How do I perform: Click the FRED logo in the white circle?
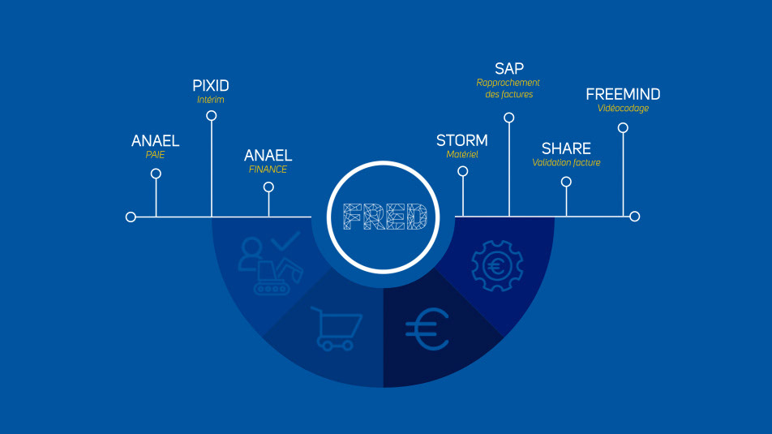click(x=385, y=217)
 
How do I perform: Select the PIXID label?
click(x=211, y=85)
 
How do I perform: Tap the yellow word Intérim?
click(x=210, y=100)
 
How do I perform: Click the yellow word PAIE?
click(x=155, y=154)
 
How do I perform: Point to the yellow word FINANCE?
click(x=268, y=170)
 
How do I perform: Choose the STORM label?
click(x=462, y=140)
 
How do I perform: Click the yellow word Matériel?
click(x=462, y=154)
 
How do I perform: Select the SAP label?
click(x=509, y=68)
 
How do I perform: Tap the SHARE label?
click(x=566, y=148)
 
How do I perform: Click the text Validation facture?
click(x=566, y=162)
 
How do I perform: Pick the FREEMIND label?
click(x=623, y=95)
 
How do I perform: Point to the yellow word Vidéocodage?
click(x=623, y=109)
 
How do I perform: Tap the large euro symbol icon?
click(x=427, y=330)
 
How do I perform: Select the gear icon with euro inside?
click(x=496, y=265)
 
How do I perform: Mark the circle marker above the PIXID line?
click(x=212, y=116)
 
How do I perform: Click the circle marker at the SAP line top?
click(x=509, y=118)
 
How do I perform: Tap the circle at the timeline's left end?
click(x=131, y=217)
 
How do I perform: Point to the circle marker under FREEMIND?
click(x=623, y=127)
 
